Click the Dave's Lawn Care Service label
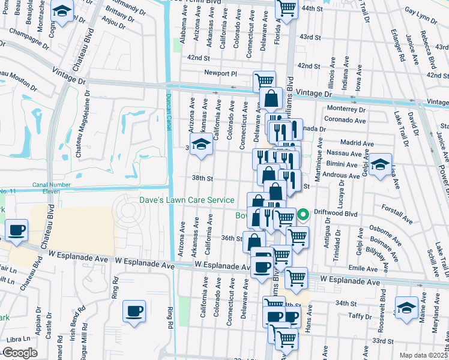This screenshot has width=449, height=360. pyautogui.click(x=187, y=200)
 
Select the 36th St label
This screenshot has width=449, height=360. pyautogui.click(x=231, y=238)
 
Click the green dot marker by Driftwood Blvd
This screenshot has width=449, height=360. pyautogui.click(x=304, y=212)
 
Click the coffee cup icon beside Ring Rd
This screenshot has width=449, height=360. pyautogui.click(x=134, y=310)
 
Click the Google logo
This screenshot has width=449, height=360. pyautogui.click(x=20, y=353)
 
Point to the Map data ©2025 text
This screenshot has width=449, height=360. pyautogui.click(x=424, y=355)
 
